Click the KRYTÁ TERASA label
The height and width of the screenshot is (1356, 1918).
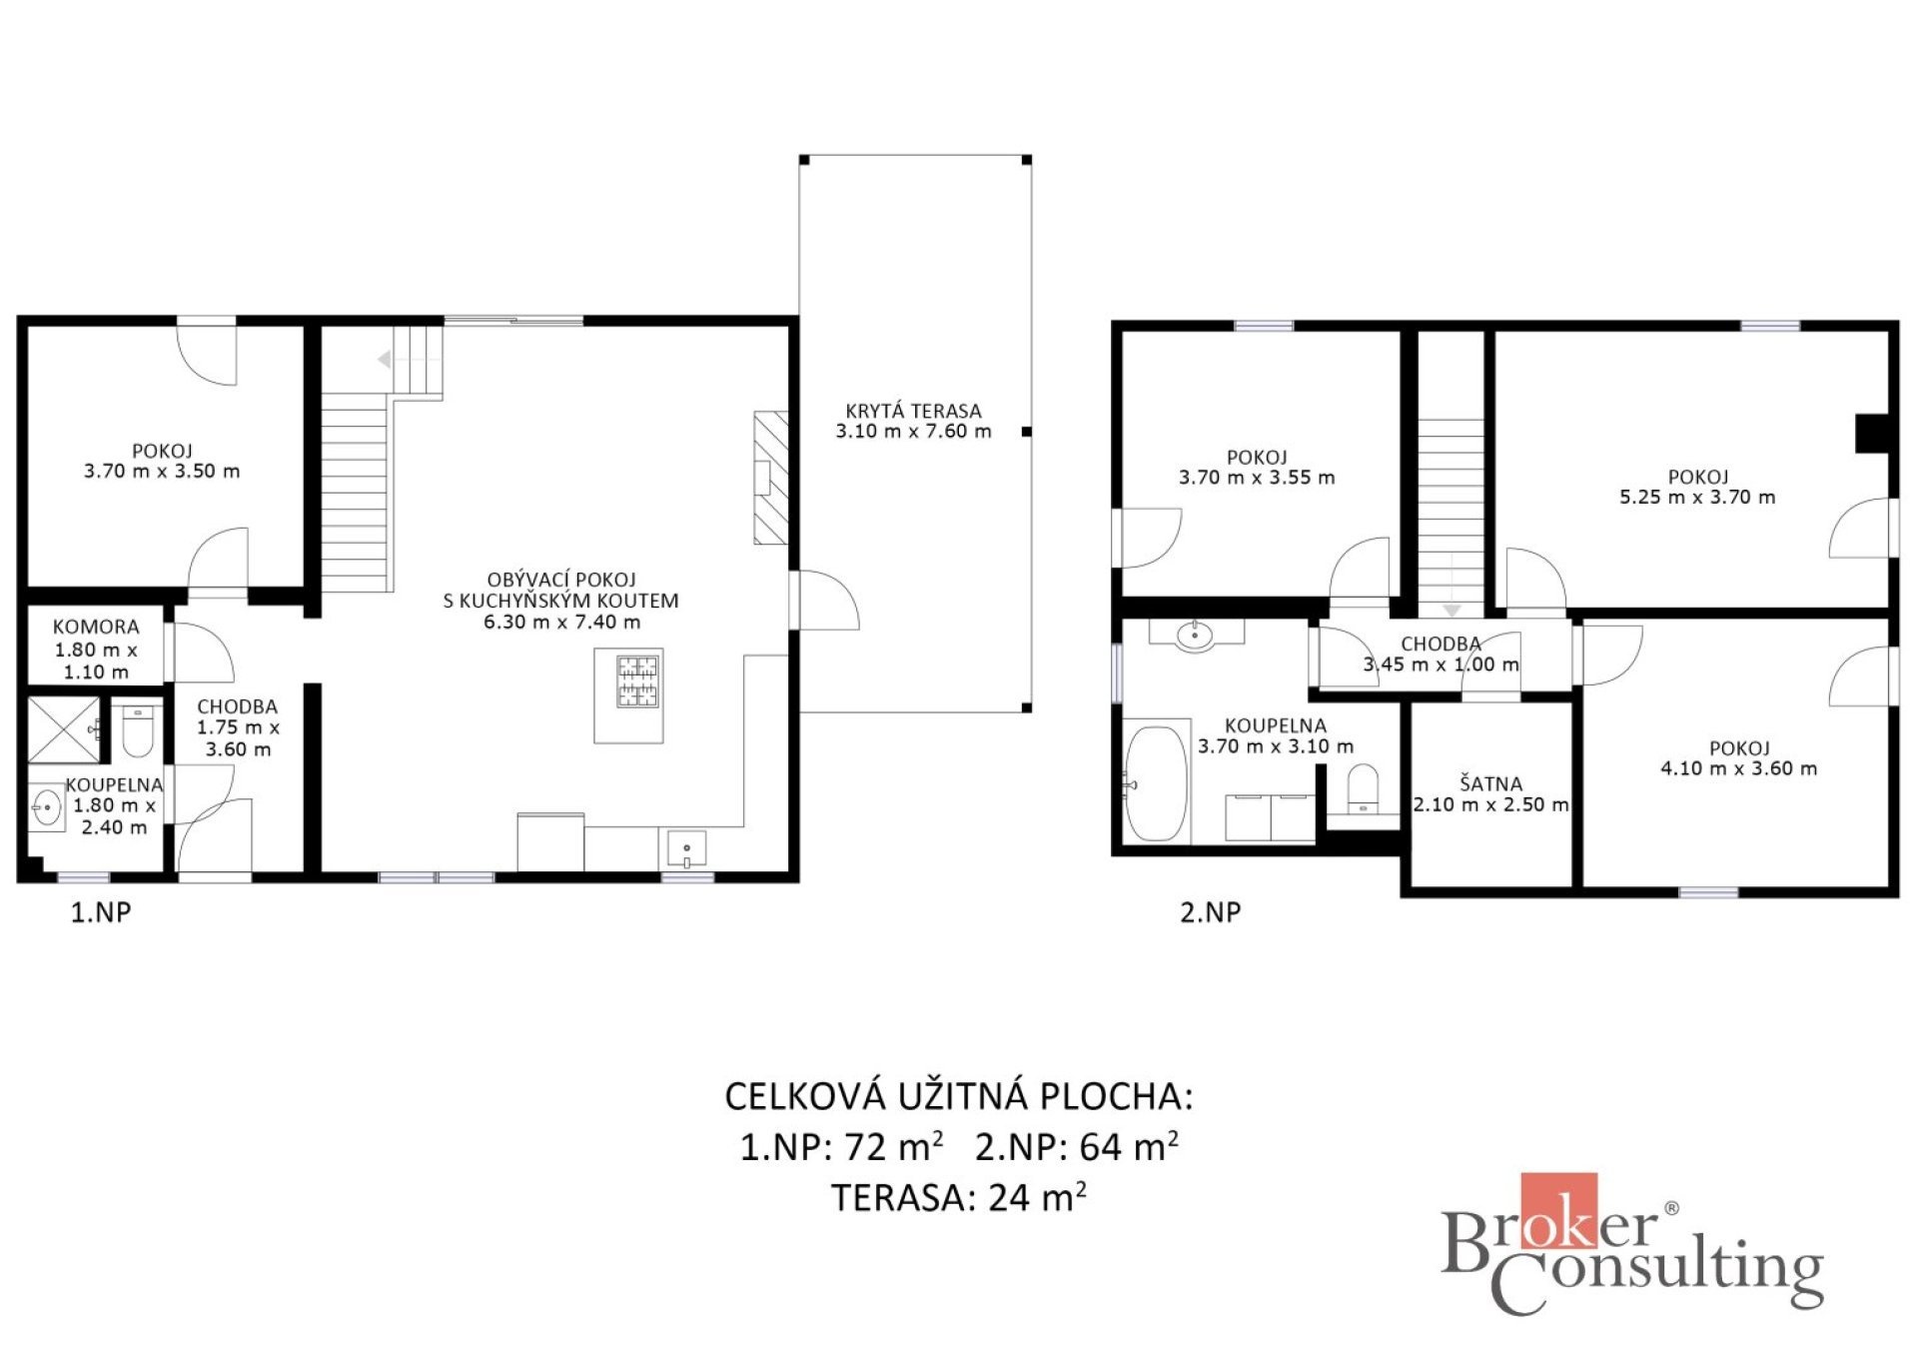pyautogui.click(x=913, y=411)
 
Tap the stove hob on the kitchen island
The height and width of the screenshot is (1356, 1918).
pyautogui.click(x=637, y=680)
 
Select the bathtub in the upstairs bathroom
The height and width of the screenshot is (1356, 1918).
pyautogui.click(x=1156, y=782)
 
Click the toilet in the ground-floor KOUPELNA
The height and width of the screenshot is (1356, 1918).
pyautogui.click(x=137, y=730)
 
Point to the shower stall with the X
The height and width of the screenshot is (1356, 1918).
pyautogui.click(x=63, y=728)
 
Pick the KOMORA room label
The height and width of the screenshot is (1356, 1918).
pyautogui.click(x=96, y=628)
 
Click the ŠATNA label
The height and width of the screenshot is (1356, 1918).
pyautogui.click(x=1490, y=783)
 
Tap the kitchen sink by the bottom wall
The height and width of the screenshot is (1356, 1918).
pyautogui.click(x=686, y=848)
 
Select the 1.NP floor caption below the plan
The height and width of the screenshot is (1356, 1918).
pyautogui.click(x=101, y=911)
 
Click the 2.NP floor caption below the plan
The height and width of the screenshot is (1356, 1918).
pyautogui.click(x=1211, y=911)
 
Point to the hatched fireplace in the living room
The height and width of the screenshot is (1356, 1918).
pyautogui.click(x=770, y=478)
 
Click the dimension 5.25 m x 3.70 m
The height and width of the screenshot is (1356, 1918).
pyautogui.click(x=1697, y=498)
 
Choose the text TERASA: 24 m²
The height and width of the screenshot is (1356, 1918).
pyautogui.click(x=959, y=1196)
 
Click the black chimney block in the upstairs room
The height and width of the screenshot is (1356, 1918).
pyautogui.click(x=1872, y=434)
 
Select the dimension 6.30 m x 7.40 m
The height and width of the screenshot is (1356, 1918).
pyautogui.click(x=562, y=622)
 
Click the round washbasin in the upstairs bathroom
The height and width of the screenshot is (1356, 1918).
pyautogui.click(x=1195, y=636)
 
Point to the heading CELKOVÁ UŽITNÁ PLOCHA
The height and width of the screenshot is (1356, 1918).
pyautogui.click(x=959, y=1096)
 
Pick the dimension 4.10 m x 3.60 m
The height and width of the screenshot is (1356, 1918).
pyautogui.click(x=1739, y=768)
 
